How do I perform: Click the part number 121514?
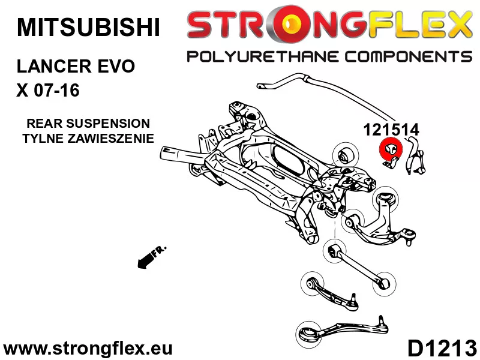point(391,128)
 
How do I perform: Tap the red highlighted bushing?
point(390,149)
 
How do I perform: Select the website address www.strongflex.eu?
point(88,348)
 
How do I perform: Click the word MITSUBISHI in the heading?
point(88,27)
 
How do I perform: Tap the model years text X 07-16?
point(47,91)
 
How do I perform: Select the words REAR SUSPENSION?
point(88,124)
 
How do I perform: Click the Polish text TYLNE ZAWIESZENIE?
point(88,138)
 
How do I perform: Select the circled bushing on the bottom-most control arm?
point(307,332)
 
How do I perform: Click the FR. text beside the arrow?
point(160,251)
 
